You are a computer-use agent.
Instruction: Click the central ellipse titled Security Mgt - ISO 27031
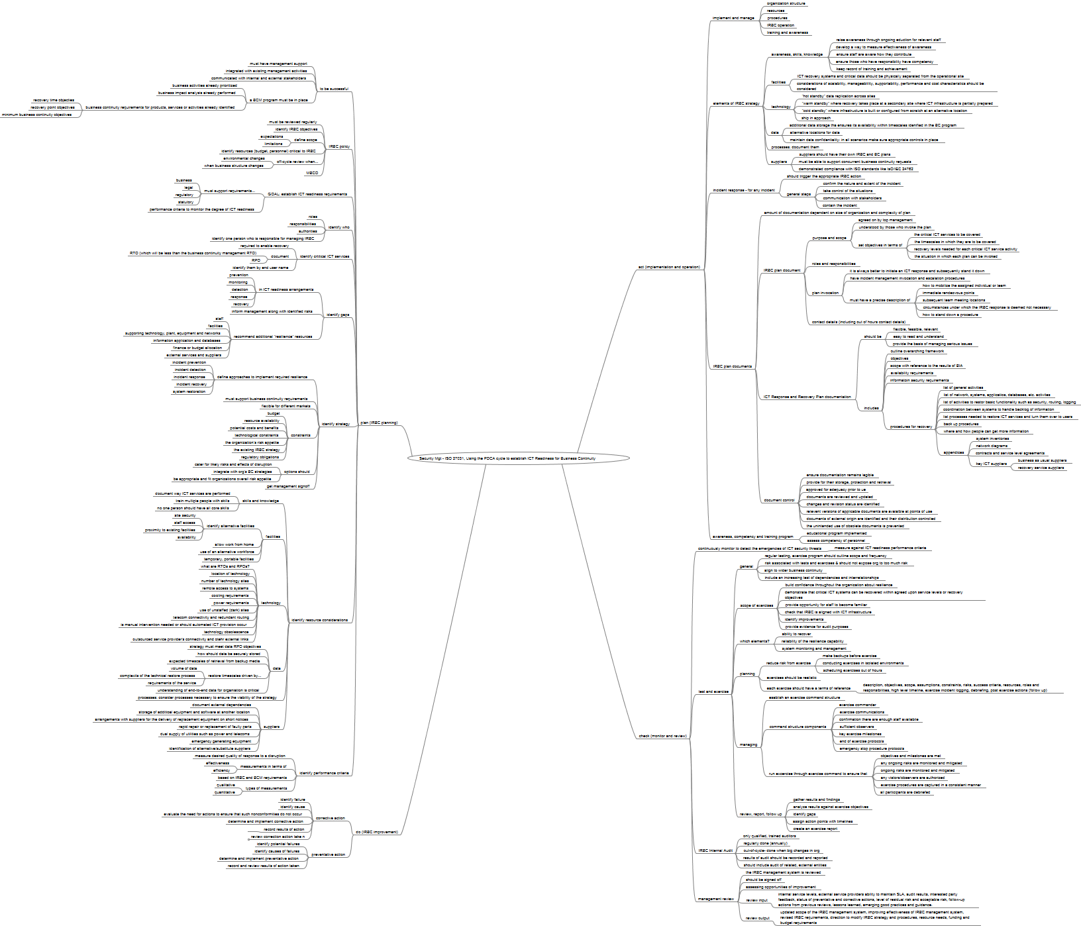[x=507, y=458]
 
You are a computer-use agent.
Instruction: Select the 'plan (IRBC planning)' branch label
[x=379, y=423]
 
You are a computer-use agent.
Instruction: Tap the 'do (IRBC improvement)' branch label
[x=377, y=832]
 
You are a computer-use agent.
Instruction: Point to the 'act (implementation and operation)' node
[x=669, y=267]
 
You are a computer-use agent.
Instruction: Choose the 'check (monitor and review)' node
[x=662, y=736]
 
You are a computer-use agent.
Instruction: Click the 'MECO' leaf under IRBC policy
[x=312, y=173]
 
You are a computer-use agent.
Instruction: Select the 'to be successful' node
[x=334, y=89]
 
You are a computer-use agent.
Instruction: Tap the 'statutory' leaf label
[x=185, y=202]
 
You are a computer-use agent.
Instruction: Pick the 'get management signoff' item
[x=287, y=486]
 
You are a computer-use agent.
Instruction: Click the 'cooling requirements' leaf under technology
[x=230, y=595]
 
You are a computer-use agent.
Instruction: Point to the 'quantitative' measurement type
[x=225, y=792]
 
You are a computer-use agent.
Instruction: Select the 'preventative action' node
[x=328, y=854]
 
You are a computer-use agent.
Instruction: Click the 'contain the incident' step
[x=840, y=205]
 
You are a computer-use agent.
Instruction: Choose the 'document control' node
[x=779, y=500]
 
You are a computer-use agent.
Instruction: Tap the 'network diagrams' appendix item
[x=992, y=446]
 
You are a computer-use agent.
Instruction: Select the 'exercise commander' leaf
[x=857, y=705]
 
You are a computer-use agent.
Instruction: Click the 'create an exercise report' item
[x=815, y=829]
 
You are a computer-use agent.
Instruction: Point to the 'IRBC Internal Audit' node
[x=715, y=850]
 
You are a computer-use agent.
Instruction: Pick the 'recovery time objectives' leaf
[x=54, y=100]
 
